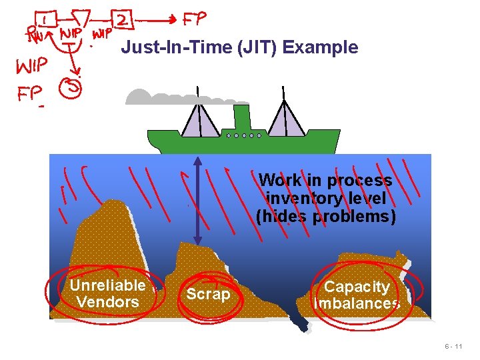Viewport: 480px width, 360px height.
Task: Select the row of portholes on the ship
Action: coord(243,135)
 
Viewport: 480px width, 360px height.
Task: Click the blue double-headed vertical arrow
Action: coord(198,200)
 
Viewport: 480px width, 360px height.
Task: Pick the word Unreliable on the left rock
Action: coord(107,285)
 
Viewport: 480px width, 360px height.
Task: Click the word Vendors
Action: coord(107,302)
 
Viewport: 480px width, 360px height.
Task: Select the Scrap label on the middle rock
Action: coord(208,294)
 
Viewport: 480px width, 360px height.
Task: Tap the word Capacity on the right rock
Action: coord(357,287)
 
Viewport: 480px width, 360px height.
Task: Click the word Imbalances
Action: coord(357,303)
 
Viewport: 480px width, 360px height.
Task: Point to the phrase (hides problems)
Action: coord(325,216)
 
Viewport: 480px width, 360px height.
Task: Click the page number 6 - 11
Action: coord(454,347)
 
